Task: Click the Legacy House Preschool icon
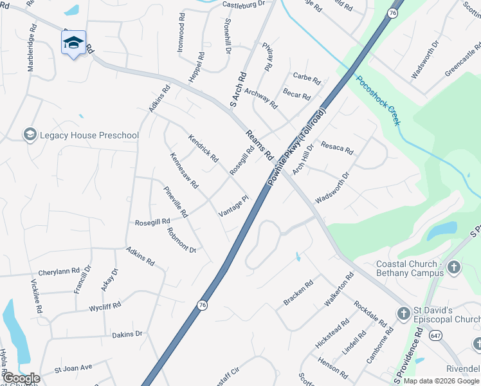(30, 134)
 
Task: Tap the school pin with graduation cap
(73, 43)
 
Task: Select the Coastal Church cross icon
(453, 267)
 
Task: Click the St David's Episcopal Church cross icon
(404, 314)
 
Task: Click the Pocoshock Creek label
(378, 101)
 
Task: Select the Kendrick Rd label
(203, 148)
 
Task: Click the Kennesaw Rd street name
(184, 170)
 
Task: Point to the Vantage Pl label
(233, 207)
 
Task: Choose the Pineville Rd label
(176, 201)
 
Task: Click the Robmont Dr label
(181, 240)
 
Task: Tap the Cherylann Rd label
(59, 271)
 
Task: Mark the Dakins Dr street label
(127, 334)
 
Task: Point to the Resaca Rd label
(338, 148)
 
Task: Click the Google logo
(21, 378)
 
